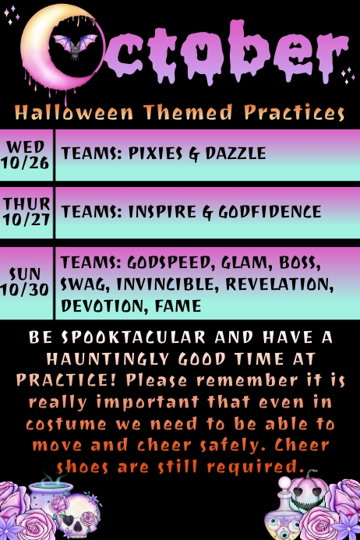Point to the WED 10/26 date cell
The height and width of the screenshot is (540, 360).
point(26,154)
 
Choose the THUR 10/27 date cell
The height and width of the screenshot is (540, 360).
point(26,211)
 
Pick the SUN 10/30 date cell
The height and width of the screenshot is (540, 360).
point(26,281)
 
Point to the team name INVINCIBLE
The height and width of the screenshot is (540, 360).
point(167,283)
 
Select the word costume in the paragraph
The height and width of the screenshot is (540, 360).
point(65,425)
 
